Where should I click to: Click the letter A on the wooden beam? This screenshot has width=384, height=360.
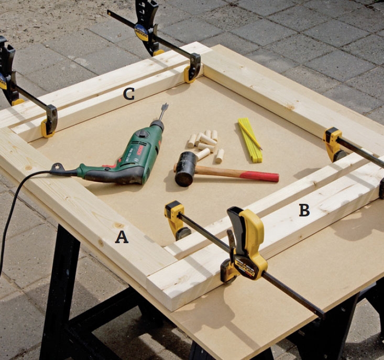pos(122,237)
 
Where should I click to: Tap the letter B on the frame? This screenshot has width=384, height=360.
pos(304,210)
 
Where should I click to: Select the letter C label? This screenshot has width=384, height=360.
pos(129,94)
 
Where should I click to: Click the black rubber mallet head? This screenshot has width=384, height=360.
pos(185,169)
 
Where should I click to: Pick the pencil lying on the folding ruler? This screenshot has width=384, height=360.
pos(250,135)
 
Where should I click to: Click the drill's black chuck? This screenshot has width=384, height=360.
pos(157,125)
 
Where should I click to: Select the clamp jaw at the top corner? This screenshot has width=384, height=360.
pos(193,69)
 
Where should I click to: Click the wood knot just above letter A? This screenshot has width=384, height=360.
pos(119,225)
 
